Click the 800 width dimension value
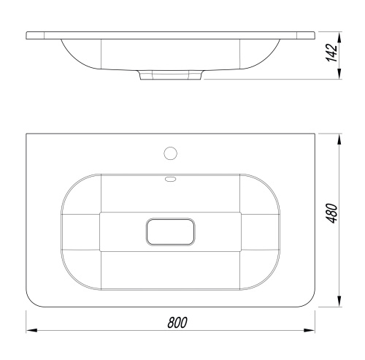coord(177,323)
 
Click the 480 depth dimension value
coord(331,213)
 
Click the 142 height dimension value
coord(331,53)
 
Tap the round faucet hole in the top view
coord(171,153)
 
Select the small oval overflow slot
coord(171,180)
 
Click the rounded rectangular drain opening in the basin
coord(171,231)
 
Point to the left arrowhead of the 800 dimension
coord(31,330)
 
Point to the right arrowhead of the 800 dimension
coord(310,330)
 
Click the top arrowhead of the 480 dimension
coord(339,139)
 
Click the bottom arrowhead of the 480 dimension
coord(339,301)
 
